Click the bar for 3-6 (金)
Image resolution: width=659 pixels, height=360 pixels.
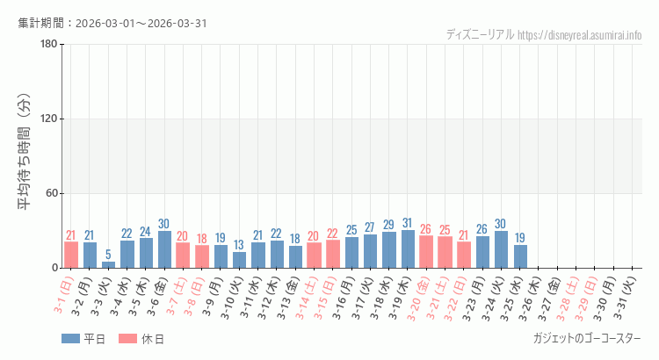click(x=164, y=249)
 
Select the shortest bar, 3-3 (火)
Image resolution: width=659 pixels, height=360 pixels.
click(x=108, y=264)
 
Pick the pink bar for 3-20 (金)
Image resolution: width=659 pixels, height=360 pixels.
click(x=426, y=251)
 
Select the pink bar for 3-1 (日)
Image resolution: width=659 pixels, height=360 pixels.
click(x=71, y=255)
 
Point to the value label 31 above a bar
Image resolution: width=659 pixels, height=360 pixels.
click(x=408, y=223)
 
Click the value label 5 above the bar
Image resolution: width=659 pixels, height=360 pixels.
click(x=108, y=255)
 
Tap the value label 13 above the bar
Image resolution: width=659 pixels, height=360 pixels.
click(x=239, y=245)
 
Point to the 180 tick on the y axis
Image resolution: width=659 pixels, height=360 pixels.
click(x=48, y=45)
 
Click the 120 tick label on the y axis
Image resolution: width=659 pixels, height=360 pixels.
click(x=48, y=119)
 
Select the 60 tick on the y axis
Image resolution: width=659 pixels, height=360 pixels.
click(x=51, y=194)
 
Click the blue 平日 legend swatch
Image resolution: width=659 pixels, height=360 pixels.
click(x=70, y=339)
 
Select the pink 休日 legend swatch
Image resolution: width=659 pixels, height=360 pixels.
click(x=128, y=339)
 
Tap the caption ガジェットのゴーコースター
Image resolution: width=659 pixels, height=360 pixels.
click(x=587, y=339)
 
